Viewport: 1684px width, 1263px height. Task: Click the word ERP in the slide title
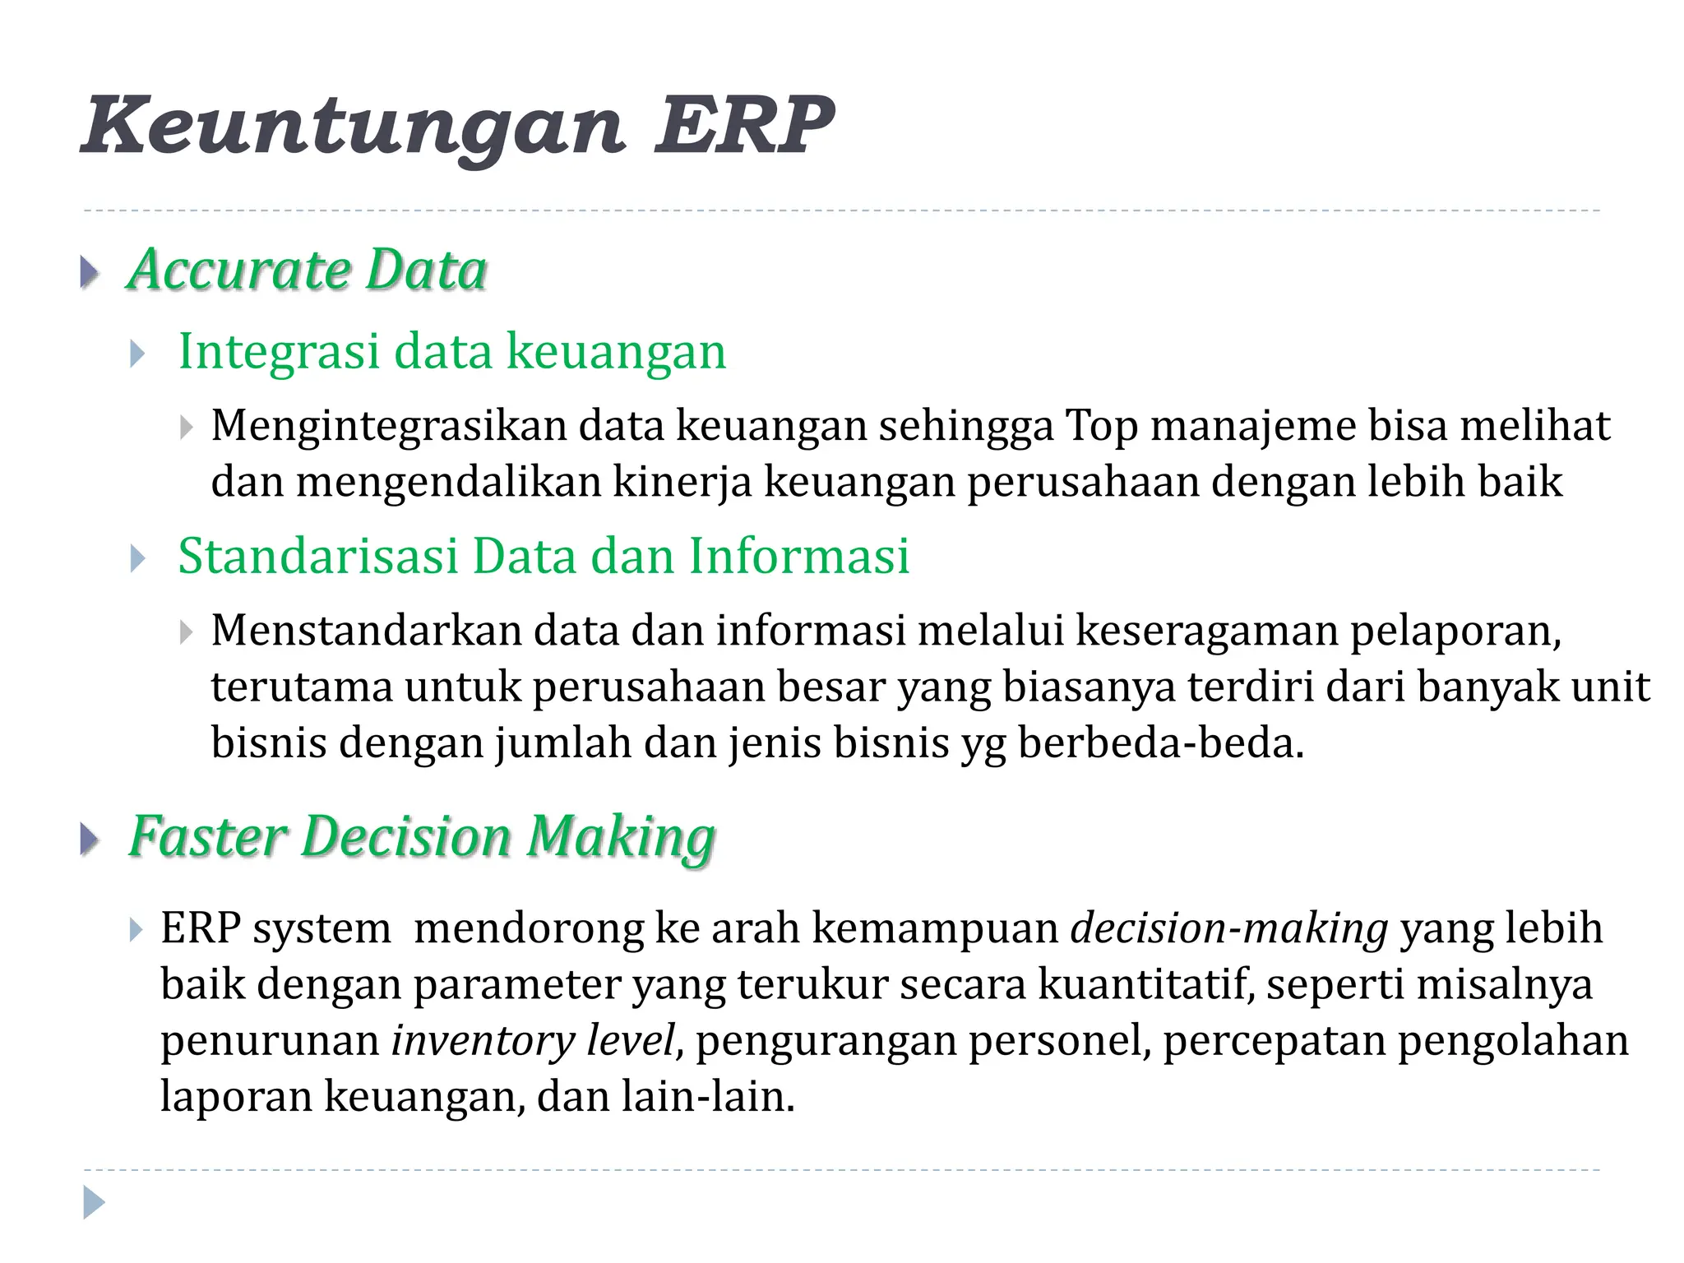[743, 125]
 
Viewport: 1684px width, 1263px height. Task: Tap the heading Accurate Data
[308, 270]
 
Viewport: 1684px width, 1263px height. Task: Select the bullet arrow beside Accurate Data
[90, 272]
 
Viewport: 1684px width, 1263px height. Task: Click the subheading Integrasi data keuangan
[452, 352]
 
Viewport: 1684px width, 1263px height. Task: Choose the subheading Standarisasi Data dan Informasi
[544, 557]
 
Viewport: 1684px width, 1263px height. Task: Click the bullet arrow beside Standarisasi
[138, 559]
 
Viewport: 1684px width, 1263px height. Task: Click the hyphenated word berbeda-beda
[1160, 743]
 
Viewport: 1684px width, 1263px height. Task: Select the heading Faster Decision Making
[422, 837]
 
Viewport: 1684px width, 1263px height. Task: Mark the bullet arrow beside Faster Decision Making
[90, 840]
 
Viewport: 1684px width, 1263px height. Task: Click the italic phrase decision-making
[1229, 929]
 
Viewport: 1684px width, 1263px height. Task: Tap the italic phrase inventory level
[533, 1041]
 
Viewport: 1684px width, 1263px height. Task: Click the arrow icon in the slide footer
[94, 1202]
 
